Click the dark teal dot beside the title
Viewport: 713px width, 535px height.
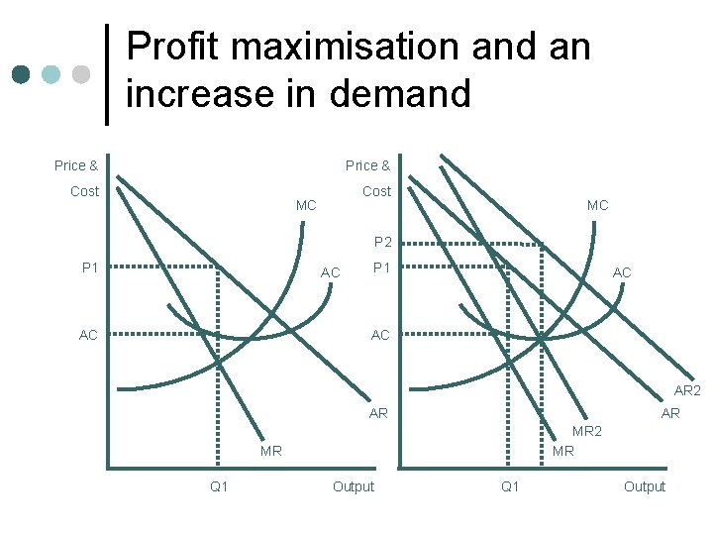coord(21,75)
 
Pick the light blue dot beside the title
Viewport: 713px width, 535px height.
coord(51,75)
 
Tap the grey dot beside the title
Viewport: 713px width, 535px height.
coord(80,75)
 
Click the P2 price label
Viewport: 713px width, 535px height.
coord(383,242)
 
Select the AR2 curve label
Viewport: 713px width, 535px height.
coord(687,391)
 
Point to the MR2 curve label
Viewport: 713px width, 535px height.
coord(587,431)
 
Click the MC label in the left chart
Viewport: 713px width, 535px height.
coord(306,206)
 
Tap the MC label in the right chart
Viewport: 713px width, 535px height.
coord(597,206)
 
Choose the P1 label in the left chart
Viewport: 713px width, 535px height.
coord(90,267)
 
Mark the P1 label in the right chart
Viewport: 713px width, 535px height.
coord(381,267)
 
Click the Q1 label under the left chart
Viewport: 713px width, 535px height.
coord(219,486)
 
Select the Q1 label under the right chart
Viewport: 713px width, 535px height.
coord(510,486)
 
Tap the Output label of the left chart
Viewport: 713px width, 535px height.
coord(354,486)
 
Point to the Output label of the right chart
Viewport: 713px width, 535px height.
coord(645,486)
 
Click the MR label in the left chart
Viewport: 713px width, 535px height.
coord(270,451)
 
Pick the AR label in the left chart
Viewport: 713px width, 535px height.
coord(378,413)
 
